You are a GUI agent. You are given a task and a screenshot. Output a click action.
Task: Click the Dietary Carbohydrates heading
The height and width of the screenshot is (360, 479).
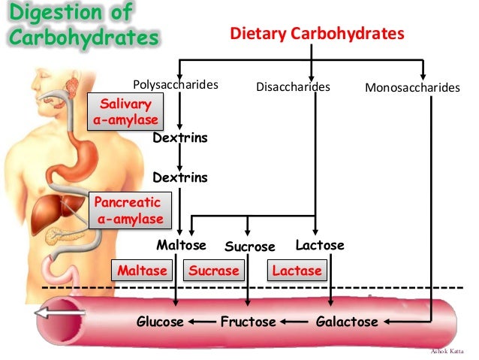(317, 34)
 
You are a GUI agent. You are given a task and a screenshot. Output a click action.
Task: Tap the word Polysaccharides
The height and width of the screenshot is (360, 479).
(175, 85)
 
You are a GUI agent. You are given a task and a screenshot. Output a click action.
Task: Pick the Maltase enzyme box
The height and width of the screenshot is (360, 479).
(142, 271)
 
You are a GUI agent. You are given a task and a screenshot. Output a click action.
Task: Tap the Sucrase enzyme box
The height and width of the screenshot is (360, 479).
(214, 271)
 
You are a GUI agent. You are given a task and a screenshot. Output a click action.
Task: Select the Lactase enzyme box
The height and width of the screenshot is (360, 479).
(297, 271)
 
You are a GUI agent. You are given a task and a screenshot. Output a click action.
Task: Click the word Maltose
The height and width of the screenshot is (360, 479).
(181, 246)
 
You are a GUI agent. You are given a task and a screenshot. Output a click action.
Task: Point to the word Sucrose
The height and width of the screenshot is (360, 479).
(250, 247)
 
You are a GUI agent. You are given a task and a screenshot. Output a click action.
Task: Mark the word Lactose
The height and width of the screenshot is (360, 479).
(320, 246)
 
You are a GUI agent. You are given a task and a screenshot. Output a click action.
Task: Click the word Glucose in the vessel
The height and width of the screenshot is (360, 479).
(160, 322)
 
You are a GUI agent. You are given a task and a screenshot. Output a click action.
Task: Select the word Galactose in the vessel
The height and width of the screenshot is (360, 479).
(345, 322)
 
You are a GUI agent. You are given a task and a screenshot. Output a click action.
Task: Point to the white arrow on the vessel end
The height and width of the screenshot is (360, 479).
(57, 314)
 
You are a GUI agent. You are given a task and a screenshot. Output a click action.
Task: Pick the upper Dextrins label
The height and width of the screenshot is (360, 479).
(179, 138)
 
